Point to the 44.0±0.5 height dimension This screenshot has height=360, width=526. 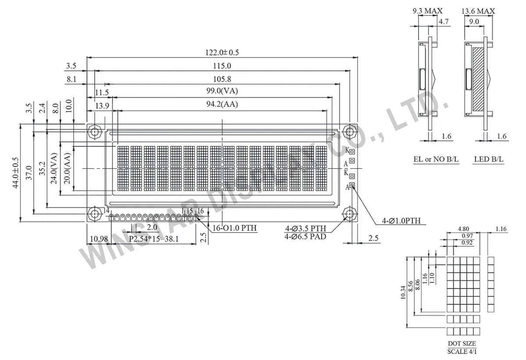coord(16,173)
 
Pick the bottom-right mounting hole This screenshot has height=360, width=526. coord(349,214)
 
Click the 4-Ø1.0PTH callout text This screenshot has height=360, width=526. coord(401,221)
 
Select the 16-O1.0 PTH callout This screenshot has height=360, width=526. coord(235,228)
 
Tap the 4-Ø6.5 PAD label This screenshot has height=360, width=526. coord(306,237)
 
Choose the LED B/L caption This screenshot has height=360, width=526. coord(489,159)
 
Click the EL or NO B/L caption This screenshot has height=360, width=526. coord(436,159)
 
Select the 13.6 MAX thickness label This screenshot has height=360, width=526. coord(478,11)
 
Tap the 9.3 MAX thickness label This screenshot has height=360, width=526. coord(428,11)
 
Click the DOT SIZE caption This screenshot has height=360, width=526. coord(462,344)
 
